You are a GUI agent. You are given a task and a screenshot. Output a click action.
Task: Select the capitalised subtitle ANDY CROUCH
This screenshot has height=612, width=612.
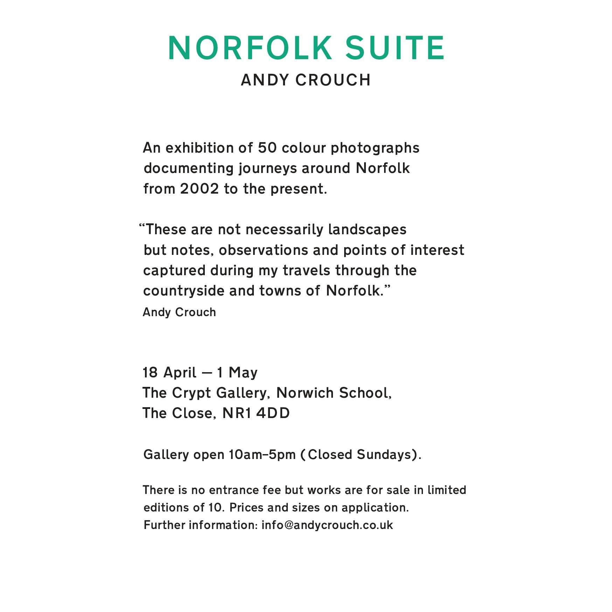[x=306, y=80]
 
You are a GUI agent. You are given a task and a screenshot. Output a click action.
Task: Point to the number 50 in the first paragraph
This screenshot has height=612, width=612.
[x=267, y=148]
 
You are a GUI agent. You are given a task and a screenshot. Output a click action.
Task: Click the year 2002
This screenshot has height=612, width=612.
[x=200, y=189]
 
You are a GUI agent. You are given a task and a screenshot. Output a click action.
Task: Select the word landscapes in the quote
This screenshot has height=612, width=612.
[x=367, y=230]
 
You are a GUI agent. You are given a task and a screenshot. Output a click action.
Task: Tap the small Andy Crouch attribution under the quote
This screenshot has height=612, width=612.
[x=179, y=312]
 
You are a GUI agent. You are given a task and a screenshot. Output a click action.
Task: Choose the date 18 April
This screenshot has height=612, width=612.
[x=169, y=373]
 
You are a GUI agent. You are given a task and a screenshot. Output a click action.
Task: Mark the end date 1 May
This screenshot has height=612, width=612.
[x=237, y=373]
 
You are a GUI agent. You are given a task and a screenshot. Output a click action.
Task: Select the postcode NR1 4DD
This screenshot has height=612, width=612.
[x=256, y=413]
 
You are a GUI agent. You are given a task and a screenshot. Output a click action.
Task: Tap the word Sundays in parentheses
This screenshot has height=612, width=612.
[x=384, y=455]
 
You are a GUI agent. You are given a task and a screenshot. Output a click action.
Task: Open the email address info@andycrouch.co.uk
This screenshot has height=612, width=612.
[x=327, y=525]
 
